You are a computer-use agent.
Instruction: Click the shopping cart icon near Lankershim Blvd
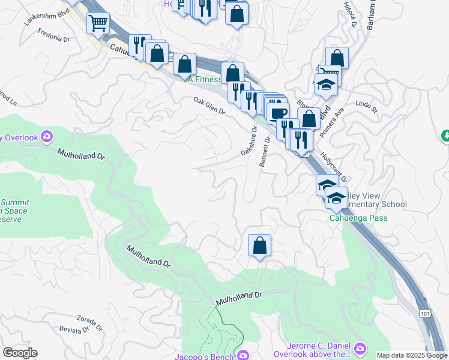(x=97, y=24)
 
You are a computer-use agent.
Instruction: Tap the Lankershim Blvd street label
(x=43, y=16)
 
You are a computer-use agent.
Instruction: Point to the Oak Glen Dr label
(x=208, y=106)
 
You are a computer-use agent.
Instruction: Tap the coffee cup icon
(x=278, y=113)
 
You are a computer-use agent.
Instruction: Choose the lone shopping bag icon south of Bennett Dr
(x=259, y=245)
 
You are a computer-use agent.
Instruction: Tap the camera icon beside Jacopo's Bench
(x=243, y=355)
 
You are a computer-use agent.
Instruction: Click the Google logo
(x=20, y=353)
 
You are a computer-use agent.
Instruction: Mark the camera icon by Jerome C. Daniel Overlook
(x=360, y=348)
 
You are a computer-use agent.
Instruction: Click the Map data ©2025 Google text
(x=412, y=355)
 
